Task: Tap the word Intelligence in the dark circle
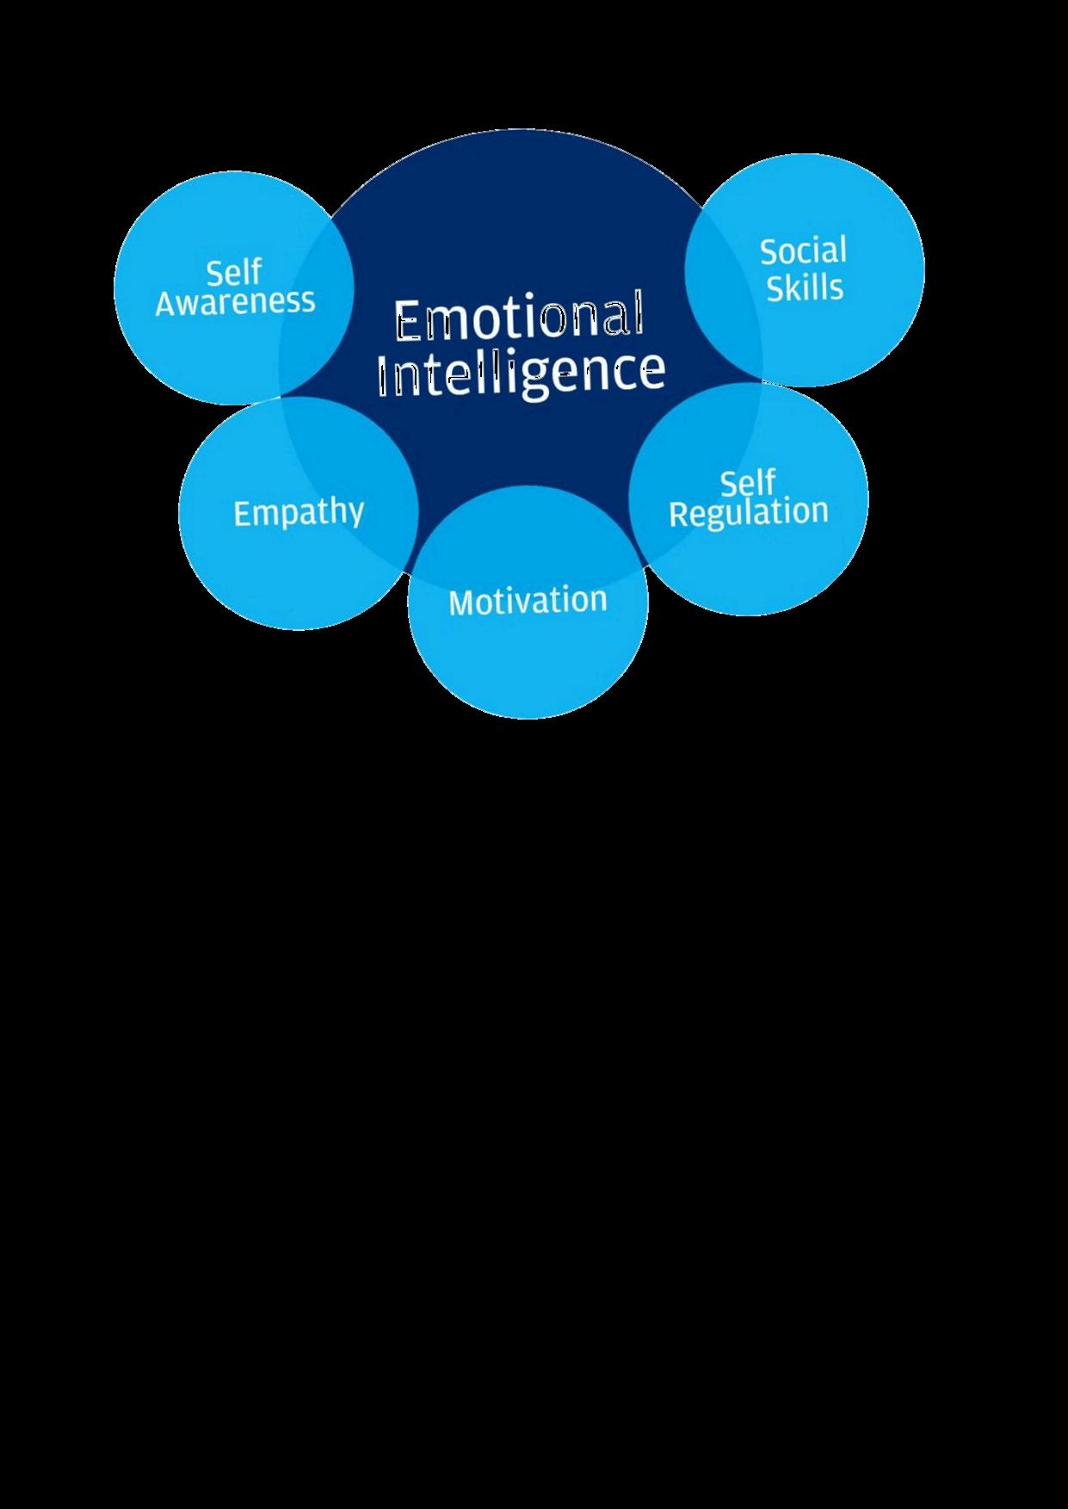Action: click(522, 371)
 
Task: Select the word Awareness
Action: click(235, 302)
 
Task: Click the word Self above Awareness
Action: click(233, 273)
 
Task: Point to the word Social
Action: click(803, 251)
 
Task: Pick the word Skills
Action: click(805, 288)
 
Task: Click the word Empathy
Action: click(299, 513)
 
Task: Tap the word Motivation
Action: click(528, 600)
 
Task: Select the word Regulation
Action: click(748, 512)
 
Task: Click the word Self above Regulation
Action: click(747, 483)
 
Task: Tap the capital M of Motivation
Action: click(461, 602)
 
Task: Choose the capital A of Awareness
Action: click(167, 303)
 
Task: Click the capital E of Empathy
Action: click(242, 513)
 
